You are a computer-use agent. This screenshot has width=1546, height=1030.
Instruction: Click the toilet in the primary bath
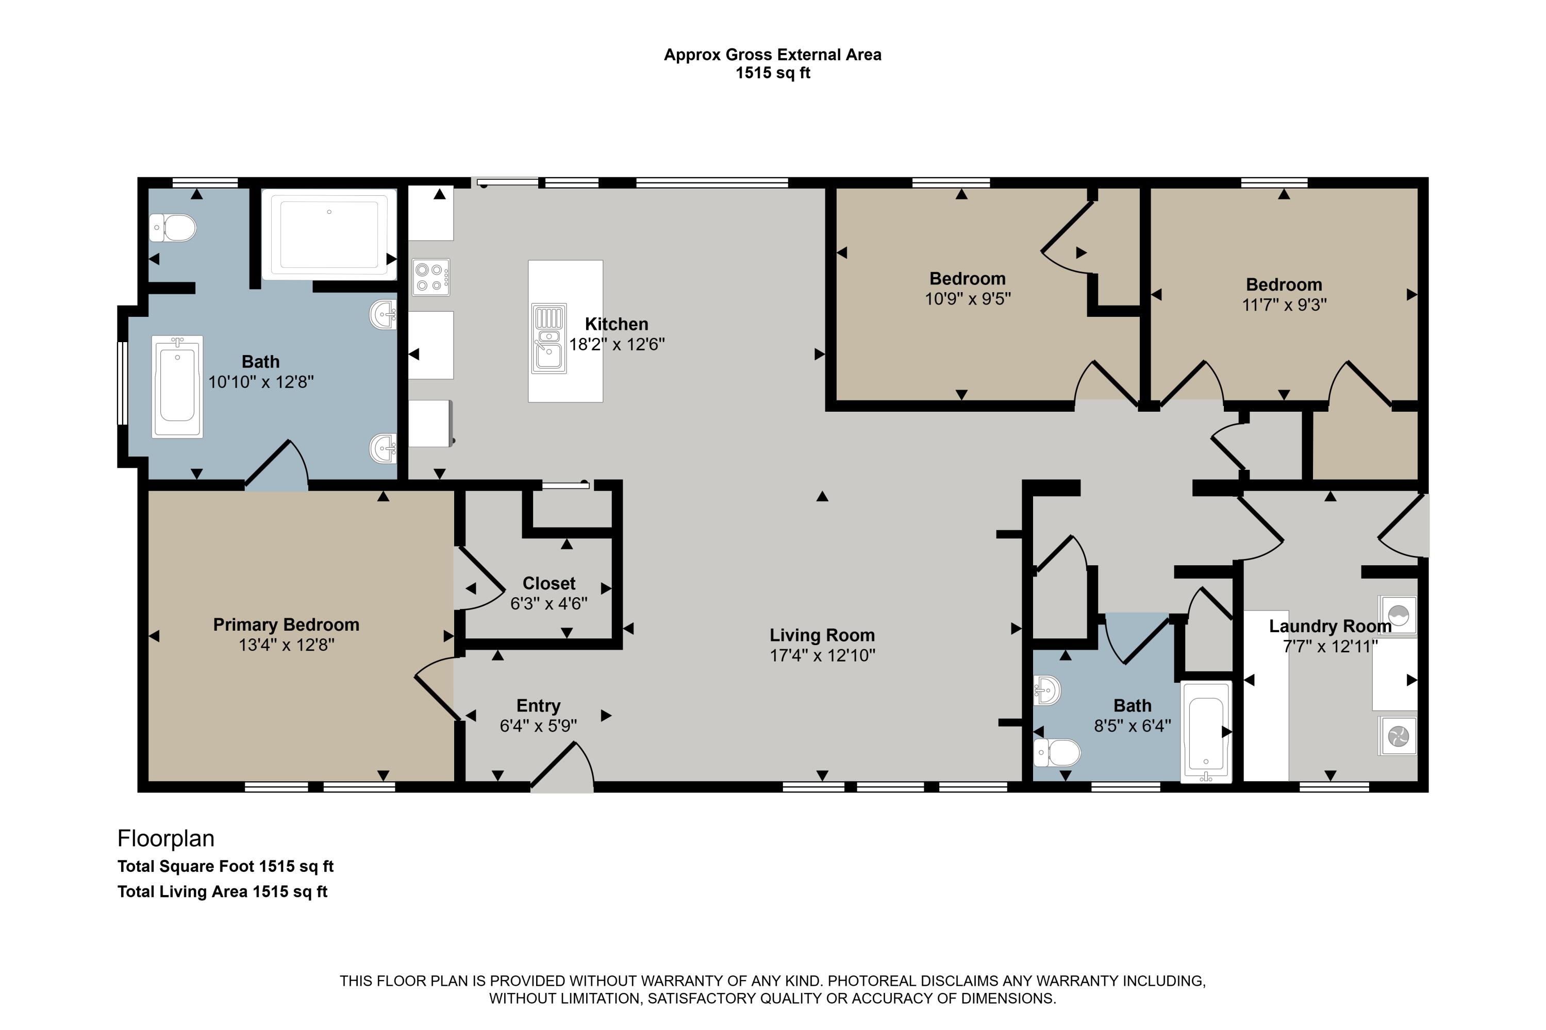[x=173, y=228]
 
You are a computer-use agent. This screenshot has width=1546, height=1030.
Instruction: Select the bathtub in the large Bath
[x=177, y=386]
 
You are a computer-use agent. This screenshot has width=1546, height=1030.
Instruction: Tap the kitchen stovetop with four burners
[x=431, y=277]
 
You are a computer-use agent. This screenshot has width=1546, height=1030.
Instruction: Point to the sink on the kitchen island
[x=548, y=339]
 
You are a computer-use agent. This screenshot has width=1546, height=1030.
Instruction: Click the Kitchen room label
[x=617, y=324]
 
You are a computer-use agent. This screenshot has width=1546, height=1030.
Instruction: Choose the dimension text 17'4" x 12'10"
[x=823, y=655]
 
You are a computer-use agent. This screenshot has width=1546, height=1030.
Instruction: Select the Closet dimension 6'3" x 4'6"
[x=548, y=603]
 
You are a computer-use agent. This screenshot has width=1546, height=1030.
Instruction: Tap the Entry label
[x=538, y=705]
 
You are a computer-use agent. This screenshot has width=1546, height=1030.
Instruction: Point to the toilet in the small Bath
[x=1056, y=753]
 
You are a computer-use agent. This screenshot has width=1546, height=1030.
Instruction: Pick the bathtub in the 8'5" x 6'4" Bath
[x=1206, y=731]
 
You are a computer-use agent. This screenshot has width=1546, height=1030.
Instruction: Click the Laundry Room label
[x=1330, y=626]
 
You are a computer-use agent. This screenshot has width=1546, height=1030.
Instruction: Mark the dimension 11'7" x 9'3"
[x=1284, y=305]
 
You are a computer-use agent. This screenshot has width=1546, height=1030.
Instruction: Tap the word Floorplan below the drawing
[x=165, y=838]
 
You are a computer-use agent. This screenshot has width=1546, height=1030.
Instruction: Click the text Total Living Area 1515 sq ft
[x=222, y=891]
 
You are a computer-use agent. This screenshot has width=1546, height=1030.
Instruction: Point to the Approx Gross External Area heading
[x=772, y=55]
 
